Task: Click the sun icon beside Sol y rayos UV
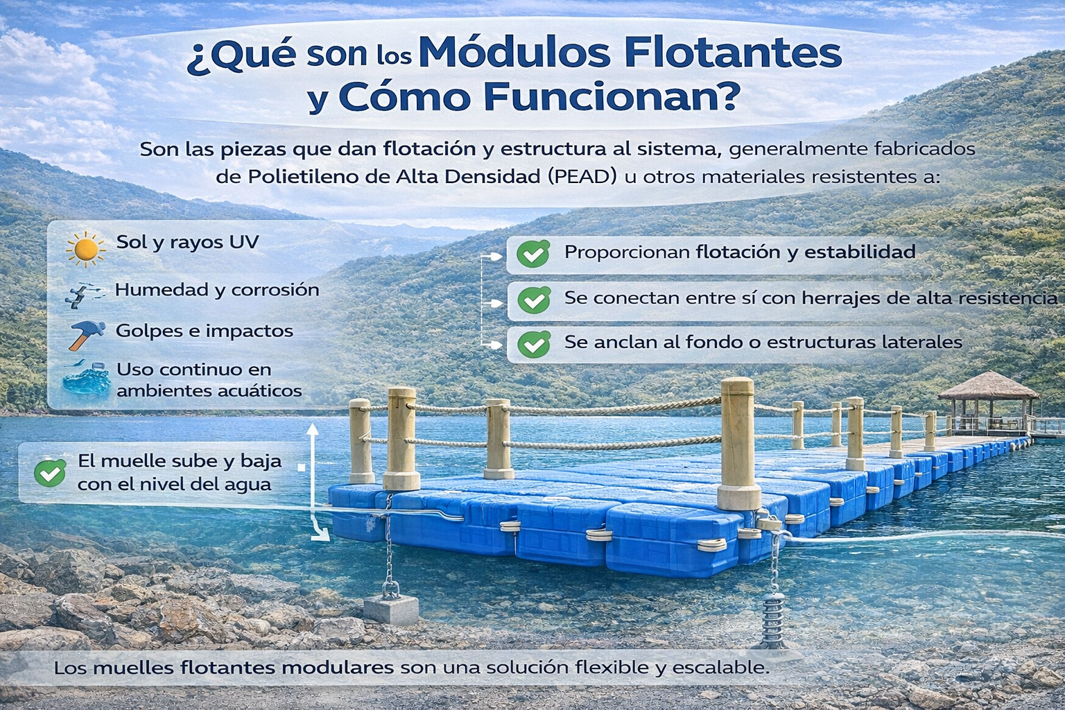click(x=86, y=249)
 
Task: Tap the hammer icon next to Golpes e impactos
click(x=86, y=334)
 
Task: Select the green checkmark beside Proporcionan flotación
click(x=534, y=254)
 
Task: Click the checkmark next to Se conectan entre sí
click(x=534, y=300)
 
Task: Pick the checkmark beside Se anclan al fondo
click(x=534, y=344)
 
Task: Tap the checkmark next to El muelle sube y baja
click(x=50, y=473)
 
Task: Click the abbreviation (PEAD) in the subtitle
click(x=582, y=177)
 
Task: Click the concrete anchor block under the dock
click(x=391, y=608)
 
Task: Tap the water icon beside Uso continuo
click(x=86, y=380)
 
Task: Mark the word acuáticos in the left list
click(x=259, y=391)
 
